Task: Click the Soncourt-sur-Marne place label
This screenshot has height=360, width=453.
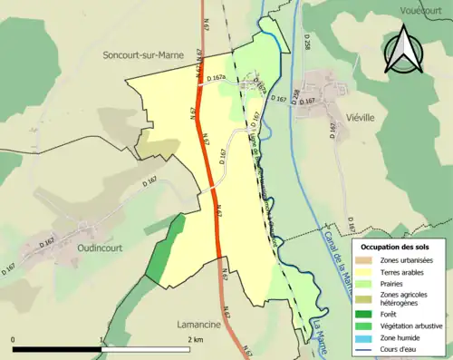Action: (x=143, y=55)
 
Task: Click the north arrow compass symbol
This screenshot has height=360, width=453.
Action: (x=405, y=50)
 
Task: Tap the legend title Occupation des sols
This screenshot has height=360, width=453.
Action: (x=398, y=247)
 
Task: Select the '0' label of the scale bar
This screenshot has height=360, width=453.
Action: (x=14, y=339)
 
